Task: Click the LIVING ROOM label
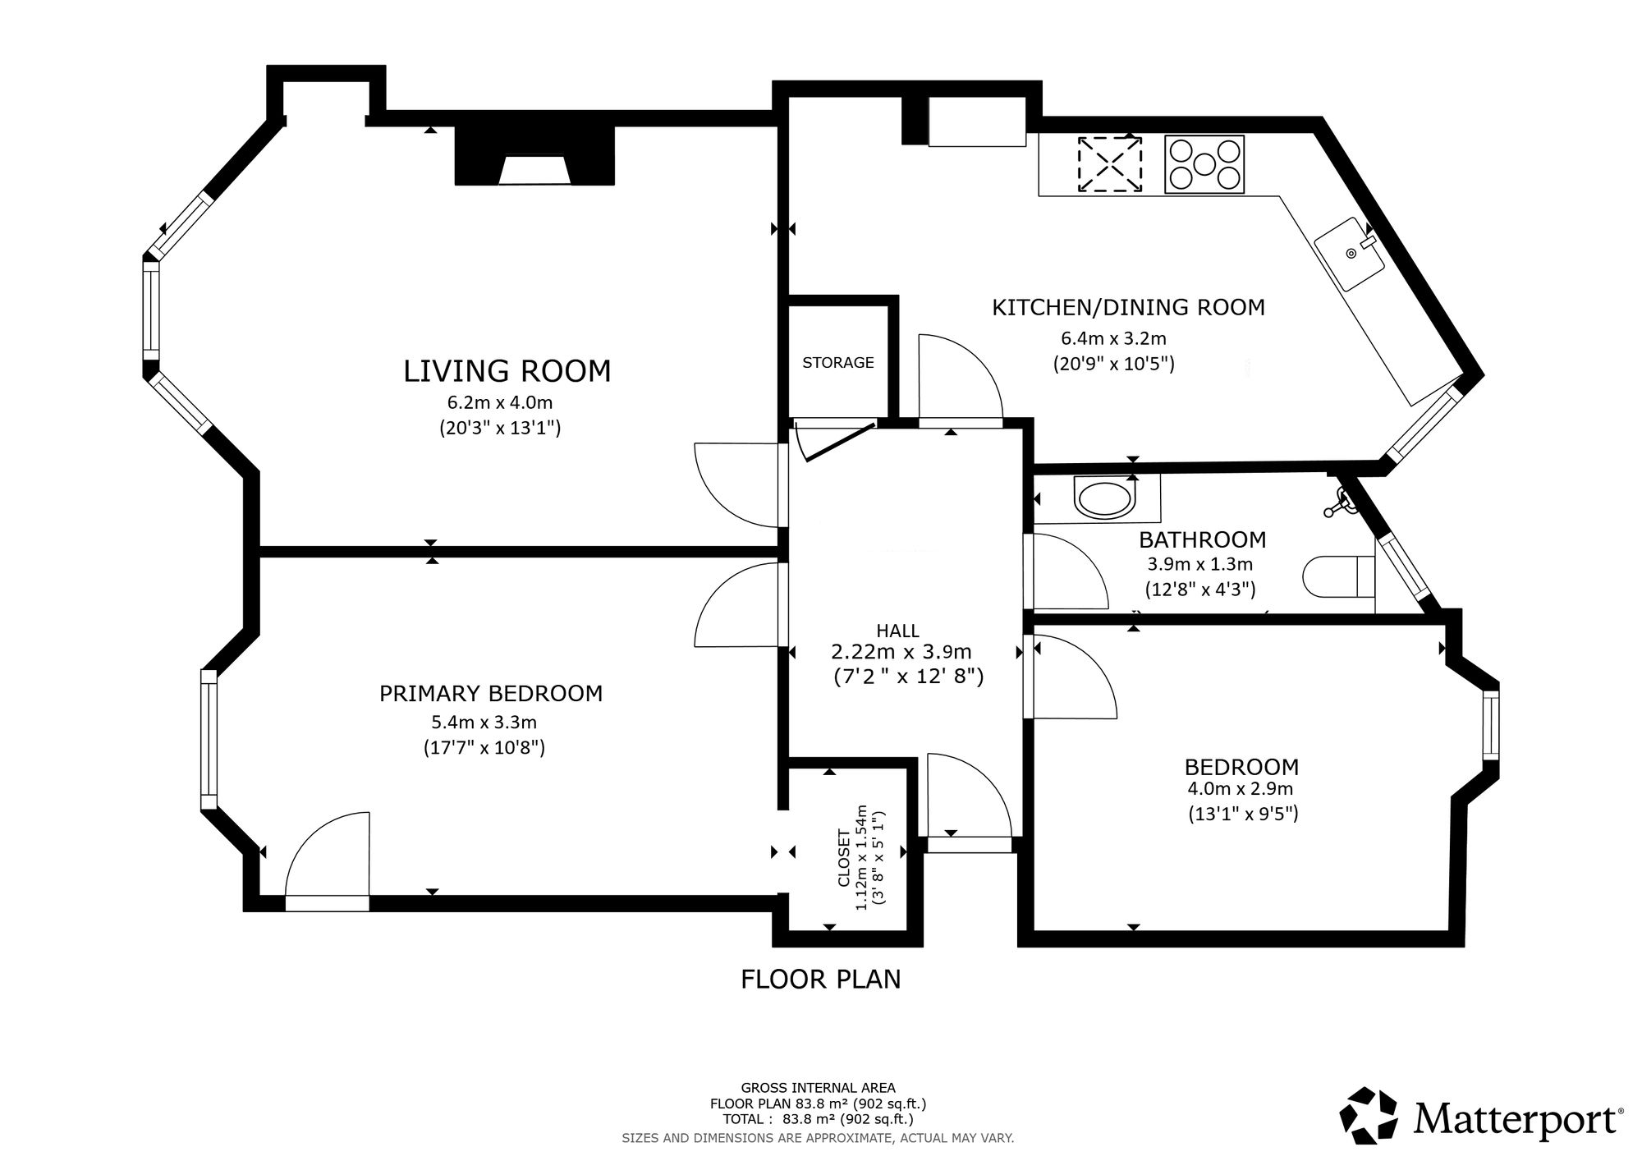pos(507,371)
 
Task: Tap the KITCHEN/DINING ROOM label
pos(1128,307)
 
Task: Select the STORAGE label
pos(838,362)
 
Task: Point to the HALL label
pos(897,631)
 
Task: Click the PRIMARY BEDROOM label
pos(491,694)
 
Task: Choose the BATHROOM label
pos(1202,539)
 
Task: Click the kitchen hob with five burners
pos(1204,164)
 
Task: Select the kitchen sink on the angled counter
pos(1350,253)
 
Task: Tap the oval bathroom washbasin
pos(1105,498)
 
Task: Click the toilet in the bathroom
pos(1338,577)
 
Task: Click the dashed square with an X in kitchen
pos(1110,164)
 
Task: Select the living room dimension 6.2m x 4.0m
pos(499,403)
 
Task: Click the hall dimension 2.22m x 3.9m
pos(901,653)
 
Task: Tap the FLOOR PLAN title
pos(821,979)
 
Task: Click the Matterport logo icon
pos(1369,1115)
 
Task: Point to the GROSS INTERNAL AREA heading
pos(819,1088)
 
